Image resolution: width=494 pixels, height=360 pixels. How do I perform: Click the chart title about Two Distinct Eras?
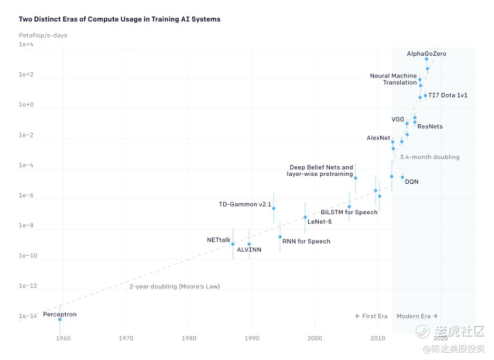(120, 19)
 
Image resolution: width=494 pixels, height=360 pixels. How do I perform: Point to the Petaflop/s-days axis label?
(43, 35)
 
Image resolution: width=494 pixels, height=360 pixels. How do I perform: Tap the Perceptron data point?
(60, 319)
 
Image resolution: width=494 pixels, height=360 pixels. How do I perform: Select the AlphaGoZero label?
(427, 54)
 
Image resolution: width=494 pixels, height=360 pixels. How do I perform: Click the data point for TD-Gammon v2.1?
(273, 208)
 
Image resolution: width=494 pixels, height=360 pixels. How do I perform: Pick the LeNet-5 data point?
(305, 217)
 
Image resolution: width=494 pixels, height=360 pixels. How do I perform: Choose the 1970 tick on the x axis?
(126, 338)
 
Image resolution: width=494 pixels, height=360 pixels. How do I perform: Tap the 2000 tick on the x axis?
(314, 338)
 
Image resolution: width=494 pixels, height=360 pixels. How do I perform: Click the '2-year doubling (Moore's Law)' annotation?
(174, 287)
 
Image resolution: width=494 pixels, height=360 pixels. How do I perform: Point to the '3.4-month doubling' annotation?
(429, 157)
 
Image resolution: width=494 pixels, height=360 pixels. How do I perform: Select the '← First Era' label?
(371, 316)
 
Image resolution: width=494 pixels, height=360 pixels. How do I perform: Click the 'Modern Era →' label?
(417, 316)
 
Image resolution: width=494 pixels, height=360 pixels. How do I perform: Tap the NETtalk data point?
(233, 244)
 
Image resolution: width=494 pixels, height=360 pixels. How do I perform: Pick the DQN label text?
(412, 182)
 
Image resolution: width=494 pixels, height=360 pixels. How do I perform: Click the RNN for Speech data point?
(280, 237)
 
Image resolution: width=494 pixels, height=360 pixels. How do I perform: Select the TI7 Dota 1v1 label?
(448, 95)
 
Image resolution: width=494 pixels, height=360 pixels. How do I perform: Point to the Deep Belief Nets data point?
(355, 178)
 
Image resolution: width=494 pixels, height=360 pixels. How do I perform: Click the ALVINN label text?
(249, 249)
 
